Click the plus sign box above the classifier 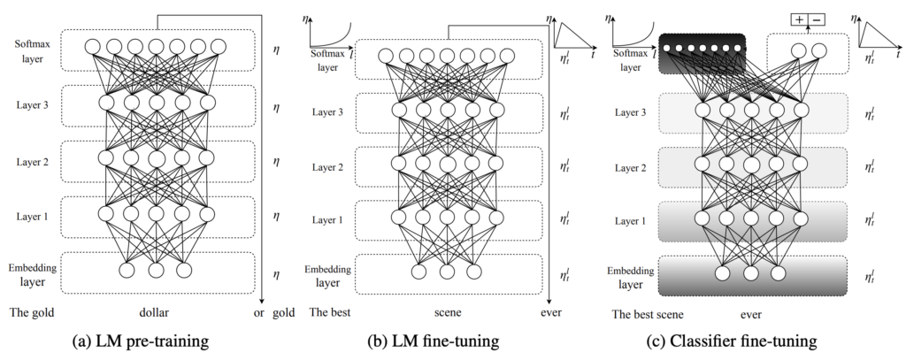(x=798, y=19)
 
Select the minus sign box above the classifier (x=817, y=19)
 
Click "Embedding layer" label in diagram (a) (x=34, y=273)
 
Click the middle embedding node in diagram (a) (x=156, y=270)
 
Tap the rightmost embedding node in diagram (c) (x=779, y=270)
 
